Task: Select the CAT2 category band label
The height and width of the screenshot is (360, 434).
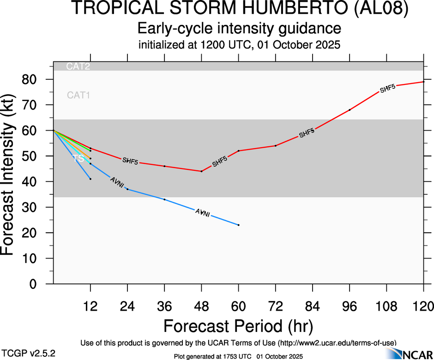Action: tap(78, 66)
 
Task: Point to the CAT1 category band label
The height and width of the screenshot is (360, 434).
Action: tap(78, 96)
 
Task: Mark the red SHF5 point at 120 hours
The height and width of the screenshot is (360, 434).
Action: tap(424, 82)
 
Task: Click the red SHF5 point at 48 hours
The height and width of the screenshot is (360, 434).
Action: tap(201, 171)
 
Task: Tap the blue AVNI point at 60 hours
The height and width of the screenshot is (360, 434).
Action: tap(238, 225)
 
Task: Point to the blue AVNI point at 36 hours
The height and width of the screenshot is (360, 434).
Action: tap(164, 199)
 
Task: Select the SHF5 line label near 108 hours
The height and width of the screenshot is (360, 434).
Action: tap(388, 89)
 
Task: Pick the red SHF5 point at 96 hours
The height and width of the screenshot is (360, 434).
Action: tap(350, 110)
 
